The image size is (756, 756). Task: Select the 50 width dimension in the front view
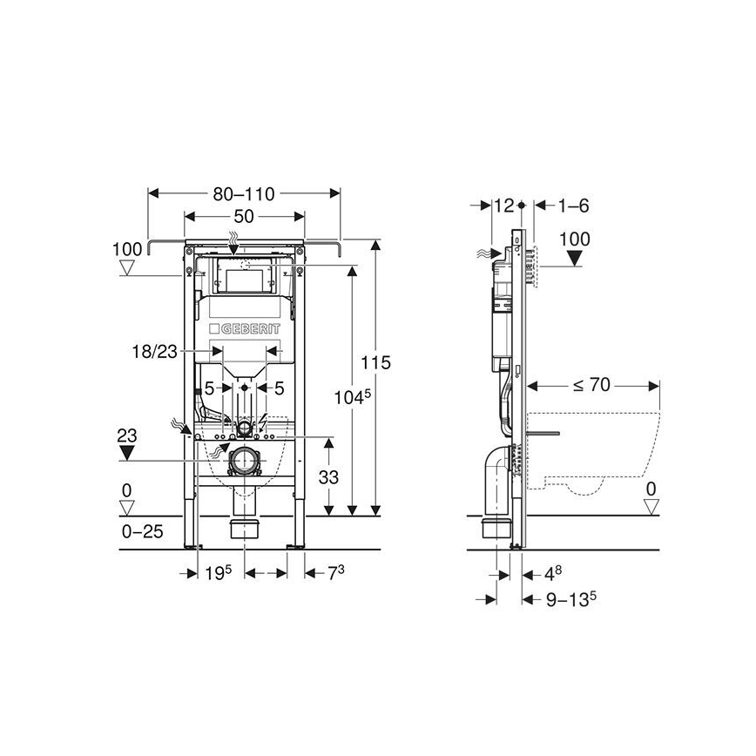click(245, 216)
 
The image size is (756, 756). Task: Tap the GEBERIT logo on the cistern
click(245, 329)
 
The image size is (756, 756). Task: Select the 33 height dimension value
click(328, 477)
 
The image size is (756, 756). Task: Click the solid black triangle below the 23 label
click(128, 451)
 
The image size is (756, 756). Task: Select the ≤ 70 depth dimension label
click(591, 383)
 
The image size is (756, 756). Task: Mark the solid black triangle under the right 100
click(575, 258)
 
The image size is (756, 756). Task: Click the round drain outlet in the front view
click(245, 460)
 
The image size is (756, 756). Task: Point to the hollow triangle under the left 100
click(128, 268)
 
